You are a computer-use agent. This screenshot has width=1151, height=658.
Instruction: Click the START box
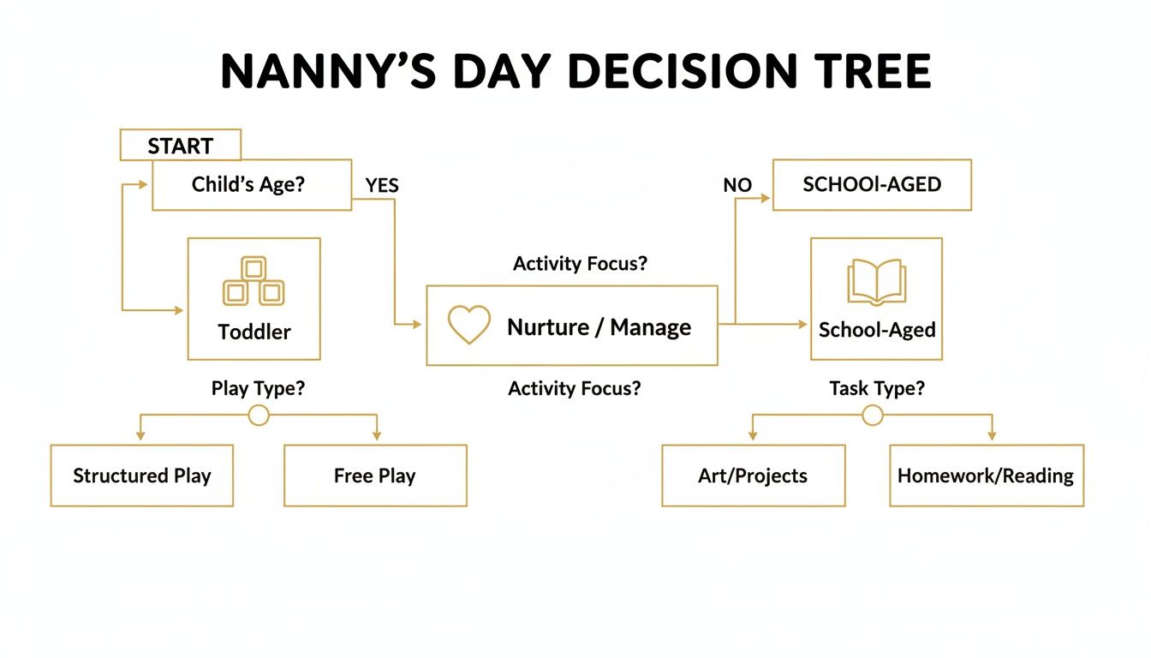pyautogui.click(x=180, y=146)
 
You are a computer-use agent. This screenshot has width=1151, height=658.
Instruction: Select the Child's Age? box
pyautogui.click(x=251, y=184)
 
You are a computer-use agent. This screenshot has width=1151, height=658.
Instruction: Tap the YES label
pyautogui.click(x=382, y=185)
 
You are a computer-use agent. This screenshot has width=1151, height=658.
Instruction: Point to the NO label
pyautogui.click(x=737, y=185)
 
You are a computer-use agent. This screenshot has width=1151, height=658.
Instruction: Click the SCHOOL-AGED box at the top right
pyautogui.click(x=872, y=184)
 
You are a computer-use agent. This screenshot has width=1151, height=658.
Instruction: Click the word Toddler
pyautogui.click(x=254, y=332)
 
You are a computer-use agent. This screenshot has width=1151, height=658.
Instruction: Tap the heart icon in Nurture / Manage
pyautogui.click(x=469, y=326)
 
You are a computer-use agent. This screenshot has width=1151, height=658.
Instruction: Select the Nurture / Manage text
pyautogui.click(x=599, y=326)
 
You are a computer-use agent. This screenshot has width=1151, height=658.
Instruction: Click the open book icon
pyautogui.click(x=876, y=281)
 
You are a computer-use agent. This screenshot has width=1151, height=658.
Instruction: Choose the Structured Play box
pyautogui.click(x=142, y=476)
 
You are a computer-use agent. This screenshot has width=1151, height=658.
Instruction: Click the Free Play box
pyautogui.click(x=375, y=476)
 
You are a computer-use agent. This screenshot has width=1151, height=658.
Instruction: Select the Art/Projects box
pyautogui.click(x=753, y=476)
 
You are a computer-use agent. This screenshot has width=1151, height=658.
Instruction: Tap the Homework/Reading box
pyautogui.click(x=986, y=476)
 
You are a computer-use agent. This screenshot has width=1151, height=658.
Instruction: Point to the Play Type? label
pyautogui.click(x=258, y=388)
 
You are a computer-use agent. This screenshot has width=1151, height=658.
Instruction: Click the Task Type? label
pyautogui.click(x=877, y=388)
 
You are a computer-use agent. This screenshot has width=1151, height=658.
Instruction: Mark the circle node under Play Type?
pyautogui.click(x=258, y=416)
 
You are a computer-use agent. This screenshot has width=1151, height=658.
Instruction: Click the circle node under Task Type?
pyautogui.click(x=872, y=416)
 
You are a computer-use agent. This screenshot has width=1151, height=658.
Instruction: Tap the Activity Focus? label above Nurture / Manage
pyautogui.click(x=580, y=264)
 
